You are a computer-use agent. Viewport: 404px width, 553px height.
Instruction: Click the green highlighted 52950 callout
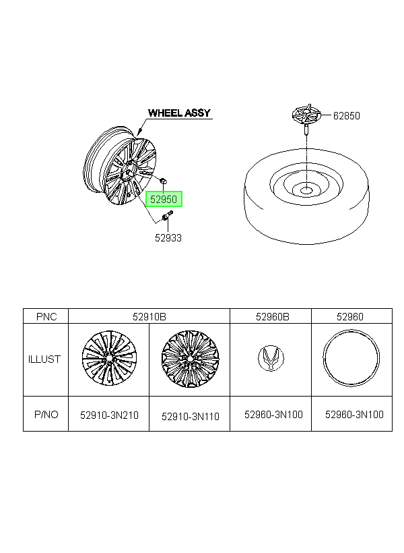coord(164,199)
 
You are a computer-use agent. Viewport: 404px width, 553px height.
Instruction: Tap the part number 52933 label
coord(168,238)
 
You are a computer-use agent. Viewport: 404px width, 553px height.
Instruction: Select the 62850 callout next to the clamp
coord(347,116)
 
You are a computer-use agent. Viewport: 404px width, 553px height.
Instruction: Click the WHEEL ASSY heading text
coord(179,113)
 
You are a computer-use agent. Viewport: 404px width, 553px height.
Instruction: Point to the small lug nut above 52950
coord(163,181)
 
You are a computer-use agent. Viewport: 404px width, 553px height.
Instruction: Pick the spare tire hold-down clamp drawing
coord(307,118)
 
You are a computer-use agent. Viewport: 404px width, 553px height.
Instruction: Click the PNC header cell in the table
coord(46,316)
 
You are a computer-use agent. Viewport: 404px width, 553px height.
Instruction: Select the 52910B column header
coord(149,317)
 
